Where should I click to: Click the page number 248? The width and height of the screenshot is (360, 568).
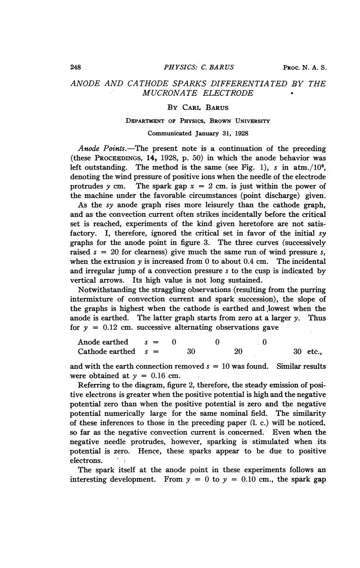pyautogui.click(x=76, y=68)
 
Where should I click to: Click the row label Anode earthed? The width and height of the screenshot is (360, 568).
pyautogui.click(x=103, y=342)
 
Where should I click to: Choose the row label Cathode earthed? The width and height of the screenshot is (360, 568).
pyautogui.click(x=106, y=351)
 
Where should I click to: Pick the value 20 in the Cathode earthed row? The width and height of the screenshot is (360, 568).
pyautogui.click(x=238, y=351)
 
